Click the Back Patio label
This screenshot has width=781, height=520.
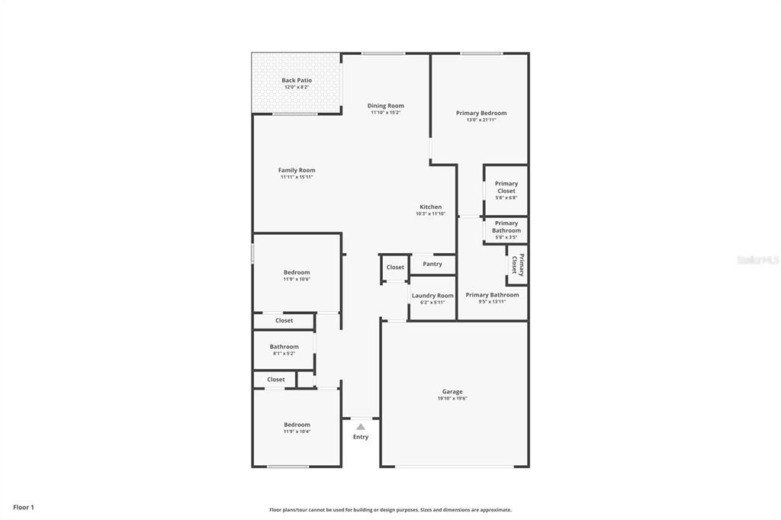pos(297,80)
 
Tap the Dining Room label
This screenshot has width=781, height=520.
pos(385,106)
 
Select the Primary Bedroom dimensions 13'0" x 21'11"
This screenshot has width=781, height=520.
pos(481,120)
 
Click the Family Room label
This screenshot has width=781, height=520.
pos(297,170)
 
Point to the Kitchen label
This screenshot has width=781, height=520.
pos(430,207)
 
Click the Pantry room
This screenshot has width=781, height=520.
pos(432,264)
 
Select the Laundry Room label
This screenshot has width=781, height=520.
pos(432,295)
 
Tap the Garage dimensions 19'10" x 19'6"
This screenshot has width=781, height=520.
pos(452,398)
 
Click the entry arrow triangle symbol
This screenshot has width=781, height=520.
pos(361,427)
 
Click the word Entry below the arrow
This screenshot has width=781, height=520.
pos(361,437)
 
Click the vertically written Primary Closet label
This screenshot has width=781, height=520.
pos(518,265)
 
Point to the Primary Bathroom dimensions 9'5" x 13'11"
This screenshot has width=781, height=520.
pos(492,302)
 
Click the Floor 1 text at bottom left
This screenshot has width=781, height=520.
pos(24,507)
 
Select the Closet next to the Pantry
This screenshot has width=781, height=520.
pos(395,267)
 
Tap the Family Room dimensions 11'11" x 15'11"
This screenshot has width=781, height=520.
pos(297,177)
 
